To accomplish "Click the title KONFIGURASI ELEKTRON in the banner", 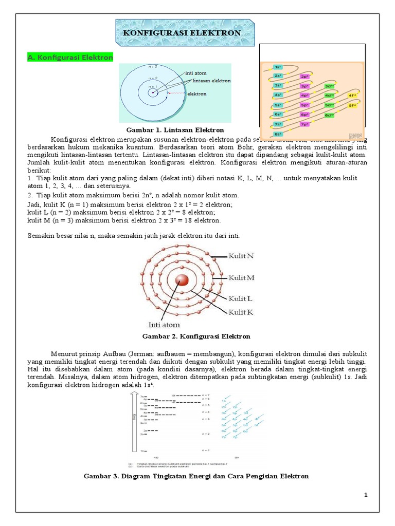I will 182,33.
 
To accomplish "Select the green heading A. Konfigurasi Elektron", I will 70,58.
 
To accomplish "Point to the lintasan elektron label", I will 212,81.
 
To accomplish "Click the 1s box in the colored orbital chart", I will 278,67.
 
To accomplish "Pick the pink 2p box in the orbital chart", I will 304,77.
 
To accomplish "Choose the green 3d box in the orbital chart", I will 329,86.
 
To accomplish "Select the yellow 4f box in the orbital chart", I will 352,96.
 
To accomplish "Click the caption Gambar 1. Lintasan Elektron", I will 172,130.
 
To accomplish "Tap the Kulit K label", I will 241,312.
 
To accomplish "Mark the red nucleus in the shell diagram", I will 182,280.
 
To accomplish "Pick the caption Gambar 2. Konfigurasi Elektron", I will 195,336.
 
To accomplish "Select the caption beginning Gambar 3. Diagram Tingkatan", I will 196,476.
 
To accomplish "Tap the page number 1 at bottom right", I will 366,495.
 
